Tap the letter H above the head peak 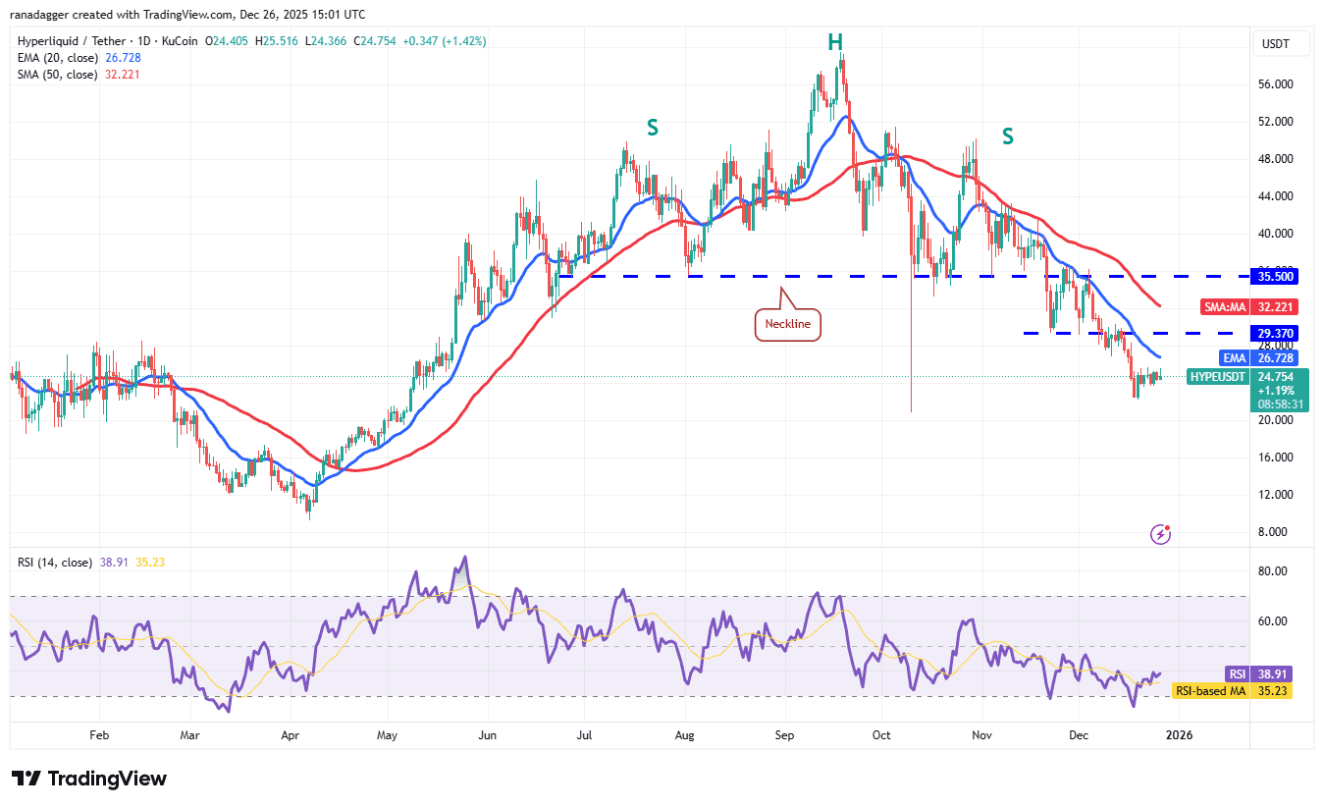(x=835, y=42)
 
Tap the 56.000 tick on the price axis (x=1277, y=84)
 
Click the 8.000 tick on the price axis (x=1277, y=532)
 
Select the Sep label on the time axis (x=784, y=733)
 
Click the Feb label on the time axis (x=98, y=733)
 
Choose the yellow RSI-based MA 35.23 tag (x=1233, y=690)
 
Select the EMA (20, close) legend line (x=79, y=58)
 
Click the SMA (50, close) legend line (x=79, y=75)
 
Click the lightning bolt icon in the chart (x=1161, y=534)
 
